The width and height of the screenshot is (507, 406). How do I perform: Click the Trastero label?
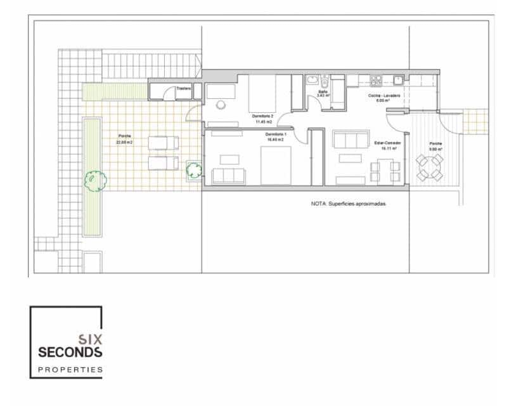[x=184, y=89]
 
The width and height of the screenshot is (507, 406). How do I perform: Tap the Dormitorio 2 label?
[x=263, y=117]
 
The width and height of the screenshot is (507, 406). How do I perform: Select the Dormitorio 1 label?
[x=276, y=136]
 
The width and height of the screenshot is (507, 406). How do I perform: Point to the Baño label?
[x=323, y=93]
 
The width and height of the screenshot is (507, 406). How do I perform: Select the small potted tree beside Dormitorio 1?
[x=194, y=170]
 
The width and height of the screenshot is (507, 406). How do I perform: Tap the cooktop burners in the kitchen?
[x=376, y=81]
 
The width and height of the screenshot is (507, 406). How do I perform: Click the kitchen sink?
[x=397, y=81]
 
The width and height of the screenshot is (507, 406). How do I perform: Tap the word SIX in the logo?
[x=90, y=339]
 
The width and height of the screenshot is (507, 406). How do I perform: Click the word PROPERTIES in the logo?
[x=70, y=369]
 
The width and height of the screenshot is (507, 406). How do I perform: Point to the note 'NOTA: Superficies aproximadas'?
[x=348, y=205]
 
